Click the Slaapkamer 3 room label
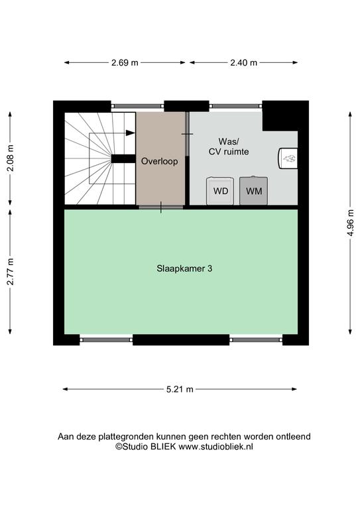(184, 269)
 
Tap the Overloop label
(159, 161)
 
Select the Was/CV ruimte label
(229, 146)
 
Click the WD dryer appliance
(220, 191)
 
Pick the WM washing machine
(253, 191)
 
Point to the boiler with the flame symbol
(288, 158)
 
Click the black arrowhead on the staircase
(131, 133)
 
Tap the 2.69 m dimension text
(125, 63)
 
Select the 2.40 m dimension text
(243, 63)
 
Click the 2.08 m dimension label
(11, 158)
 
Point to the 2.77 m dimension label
(11, 272)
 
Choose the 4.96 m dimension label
(350, 223)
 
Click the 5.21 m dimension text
(180, 389)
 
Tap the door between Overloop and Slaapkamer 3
(161, 207)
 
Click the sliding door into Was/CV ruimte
(188, 134)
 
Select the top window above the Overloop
(137, 106)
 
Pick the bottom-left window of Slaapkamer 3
(106, 339)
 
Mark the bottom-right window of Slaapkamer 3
(256, 339)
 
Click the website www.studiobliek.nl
(216, 447)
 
